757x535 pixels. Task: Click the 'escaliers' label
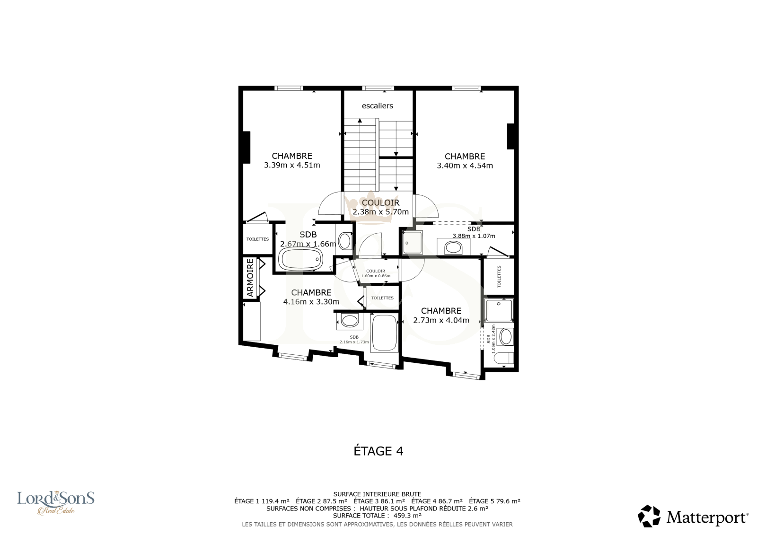(378, 106)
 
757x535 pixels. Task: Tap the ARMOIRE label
(250, 278)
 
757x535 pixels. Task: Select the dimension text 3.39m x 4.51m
(292, 165)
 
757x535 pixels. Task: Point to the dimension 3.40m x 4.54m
(465, 166)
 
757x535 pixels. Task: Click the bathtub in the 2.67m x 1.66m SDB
(300, 259)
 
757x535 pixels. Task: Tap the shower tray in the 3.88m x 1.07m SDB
(412, 242)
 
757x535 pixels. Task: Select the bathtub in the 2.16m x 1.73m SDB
(384, 333)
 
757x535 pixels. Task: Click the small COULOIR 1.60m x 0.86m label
(376, 273)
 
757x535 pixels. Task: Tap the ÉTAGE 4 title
(378, 451)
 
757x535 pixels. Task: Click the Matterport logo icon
(649, 516)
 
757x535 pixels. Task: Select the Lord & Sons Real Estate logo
(56, 502)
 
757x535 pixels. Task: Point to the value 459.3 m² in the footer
(407, 516)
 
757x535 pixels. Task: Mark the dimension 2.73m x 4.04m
(441, 320)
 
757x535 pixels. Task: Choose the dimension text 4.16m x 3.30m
(311, 301)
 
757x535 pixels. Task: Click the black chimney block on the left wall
(246, 148)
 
